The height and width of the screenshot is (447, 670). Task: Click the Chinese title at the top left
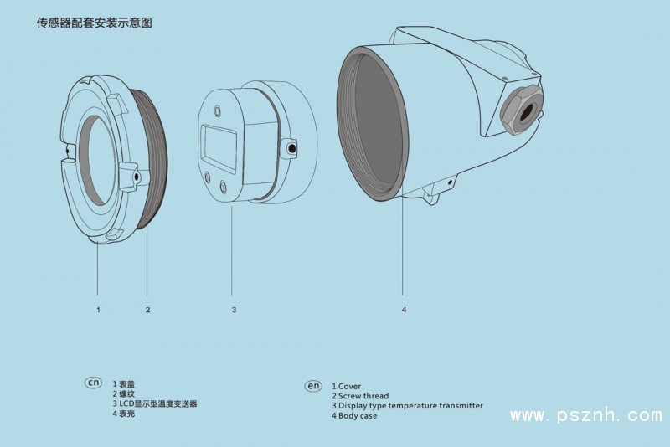coord(95,23)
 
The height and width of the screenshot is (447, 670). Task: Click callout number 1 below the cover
coord(98,310)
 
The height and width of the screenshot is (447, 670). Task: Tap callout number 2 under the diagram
coord(147,310)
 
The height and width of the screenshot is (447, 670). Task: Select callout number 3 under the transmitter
coord(234,310)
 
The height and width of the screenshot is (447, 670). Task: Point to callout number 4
coord(404,310)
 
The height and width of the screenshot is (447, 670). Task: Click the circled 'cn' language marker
coord(93,382)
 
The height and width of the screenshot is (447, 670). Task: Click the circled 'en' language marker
coord(313,386)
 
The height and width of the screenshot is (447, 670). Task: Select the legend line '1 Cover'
coord(347,387)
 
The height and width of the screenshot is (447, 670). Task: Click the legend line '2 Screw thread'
coord(360,396)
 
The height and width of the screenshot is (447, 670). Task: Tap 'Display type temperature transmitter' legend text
coord(410,406)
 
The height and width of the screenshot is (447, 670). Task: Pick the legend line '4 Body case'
coord(354,416)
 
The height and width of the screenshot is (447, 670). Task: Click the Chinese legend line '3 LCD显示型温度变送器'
coord(155,403)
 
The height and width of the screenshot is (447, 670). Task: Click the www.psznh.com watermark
coord(586,415)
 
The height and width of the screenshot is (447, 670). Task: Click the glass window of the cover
coord(96,160)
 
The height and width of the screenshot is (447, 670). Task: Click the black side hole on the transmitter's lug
coord(292,148)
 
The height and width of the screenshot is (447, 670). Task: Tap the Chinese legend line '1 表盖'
coord(123,384)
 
